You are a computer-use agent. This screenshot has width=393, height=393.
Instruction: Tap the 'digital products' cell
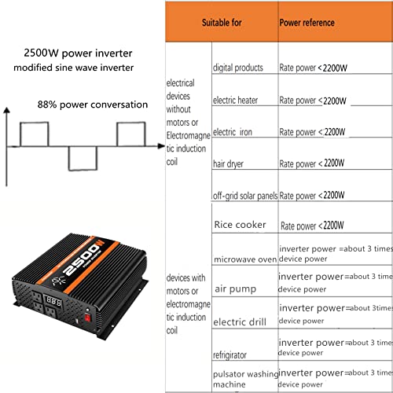point(238,68)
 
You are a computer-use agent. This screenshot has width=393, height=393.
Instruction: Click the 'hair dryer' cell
point(230,163)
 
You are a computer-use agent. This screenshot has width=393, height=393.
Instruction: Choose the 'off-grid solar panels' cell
point(244,196)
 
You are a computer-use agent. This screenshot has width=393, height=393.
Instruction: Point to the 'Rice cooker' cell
point(240,225)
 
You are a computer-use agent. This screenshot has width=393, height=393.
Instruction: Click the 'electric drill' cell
point(240,321)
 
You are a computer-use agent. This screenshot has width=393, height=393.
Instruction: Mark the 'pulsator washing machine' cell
point(244,379)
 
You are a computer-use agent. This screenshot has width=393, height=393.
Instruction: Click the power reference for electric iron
point(313,131)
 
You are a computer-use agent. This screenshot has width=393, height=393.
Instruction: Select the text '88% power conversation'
point(92,105)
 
